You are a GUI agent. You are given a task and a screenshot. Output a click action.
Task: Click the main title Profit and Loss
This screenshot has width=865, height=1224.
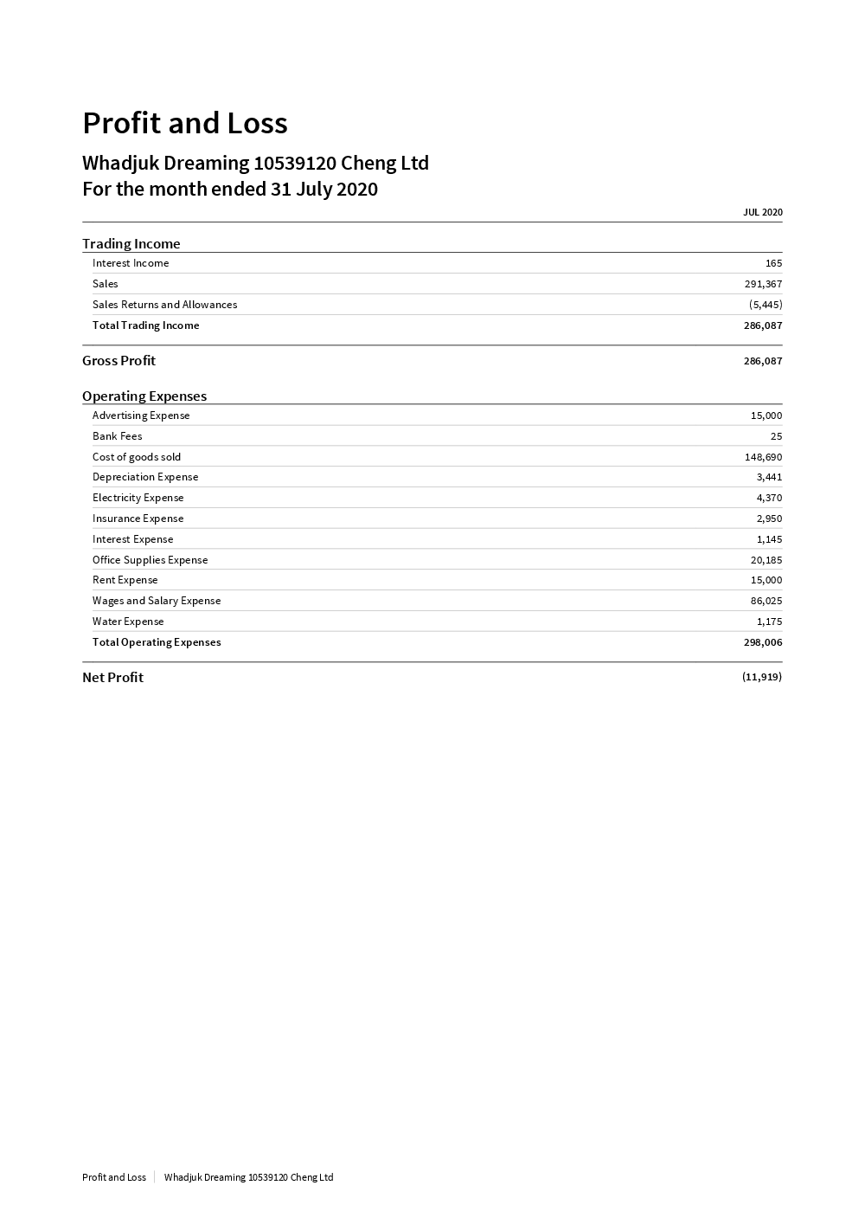[x=184, y=123]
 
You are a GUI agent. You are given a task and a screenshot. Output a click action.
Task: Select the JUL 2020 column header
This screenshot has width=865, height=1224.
[x=762, y=212]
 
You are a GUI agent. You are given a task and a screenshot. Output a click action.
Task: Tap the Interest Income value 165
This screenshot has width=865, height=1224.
[x=773, y=263]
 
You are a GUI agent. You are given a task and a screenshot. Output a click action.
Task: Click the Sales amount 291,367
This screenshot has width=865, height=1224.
[x=763, y=284]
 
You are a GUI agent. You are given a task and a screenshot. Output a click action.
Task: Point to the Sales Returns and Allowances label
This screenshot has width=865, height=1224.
[x=164, y=305]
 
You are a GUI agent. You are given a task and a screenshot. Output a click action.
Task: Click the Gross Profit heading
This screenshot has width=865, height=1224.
[x=119, y=361]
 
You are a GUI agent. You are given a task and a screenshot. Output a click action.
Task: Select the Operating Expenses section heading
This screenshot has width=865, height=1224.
[x=144, y=396]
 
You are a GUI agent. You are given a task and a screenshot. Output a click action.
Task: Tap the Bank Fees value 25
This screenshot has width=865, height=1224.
[x=776, y=436]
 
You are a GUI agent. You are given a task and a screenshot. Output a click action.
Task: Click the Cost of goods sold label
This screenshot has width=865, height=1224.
[x=137, y=457]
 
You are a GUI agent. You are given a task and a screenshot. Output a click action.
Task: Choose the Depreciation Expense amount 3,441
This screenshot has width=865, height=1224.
[x=769, y=477]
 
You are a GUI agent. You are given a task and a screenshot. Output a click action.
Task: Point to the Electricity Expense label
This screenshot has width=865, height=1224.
[x=138, y=498]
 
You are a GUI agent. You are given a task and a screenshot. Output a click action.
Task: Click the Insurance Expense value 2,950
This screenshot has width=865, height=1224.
[x=769, y=519]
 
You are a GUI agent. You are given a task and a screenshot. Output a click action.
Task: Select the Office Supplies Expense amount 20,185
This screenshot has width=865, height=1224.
[x=766, y=560]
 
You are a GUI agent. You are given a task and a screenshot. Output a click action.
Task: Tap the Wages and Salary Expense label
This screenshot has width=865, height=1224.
[x=157, y=601]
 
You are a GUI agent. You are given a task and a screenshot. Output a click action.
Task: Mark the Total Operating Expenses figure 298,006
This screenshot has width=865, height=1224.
[x=763, y=642]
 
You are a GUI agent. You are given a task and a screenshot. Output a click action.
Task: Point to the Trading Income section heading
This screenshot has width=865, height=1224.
[x=131, y=244]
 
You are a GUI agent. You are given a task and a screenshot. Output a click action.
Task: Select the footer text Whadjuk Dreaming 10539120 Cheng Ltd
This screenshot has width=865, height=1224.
[x=248, y=1177]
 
